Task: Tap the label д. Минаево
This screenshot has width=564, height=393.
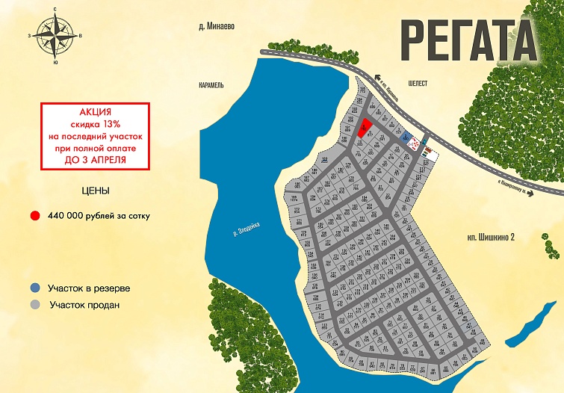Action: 217,25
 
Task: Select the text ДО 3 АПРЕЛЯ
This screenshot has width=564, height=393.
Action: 96,160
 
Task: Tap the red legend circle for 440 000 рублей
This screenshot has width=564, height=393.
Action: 34,216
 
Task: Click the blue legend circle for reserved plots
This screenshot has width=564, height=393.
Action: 34,288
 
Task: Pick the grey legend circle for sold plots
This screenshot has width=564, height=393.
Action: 34,305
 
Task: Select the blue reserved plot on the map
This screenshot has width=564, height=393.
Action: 405,138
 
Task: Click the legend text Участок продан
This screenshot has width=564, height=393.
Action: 85,305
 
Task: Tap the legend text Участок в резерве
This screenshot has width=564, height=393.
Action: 89,288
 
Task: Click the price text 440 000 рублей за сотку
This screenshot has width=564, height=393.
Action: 99,216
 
